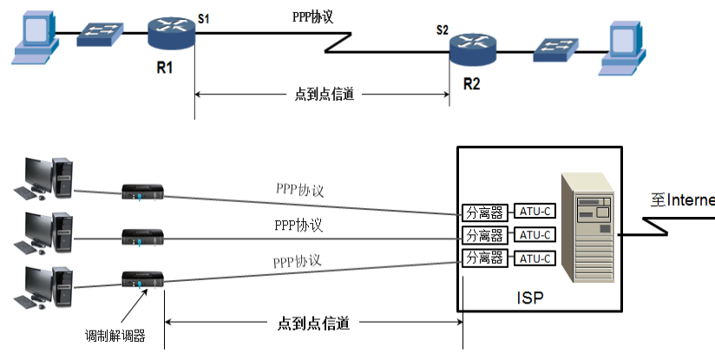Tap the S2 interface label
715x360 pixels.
pyautogui.click(x=443, y=30)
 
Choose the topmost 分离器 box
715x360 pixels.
pyautogui.click(x=485, y=210)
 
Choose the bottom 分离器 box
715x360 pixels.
pyautogui.click(x=485, y=258)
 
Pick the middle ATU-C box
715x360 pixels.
pyautogui.click(x=535, y=234)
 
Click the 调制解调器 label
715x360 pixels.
pyautogui.click(x=115, y=336)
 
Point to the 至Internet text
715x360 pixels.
pyautogui.click(x=683, y=200)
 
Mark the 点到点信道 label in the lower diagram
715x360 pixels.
pyautogui.click(x=313, y=323)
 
